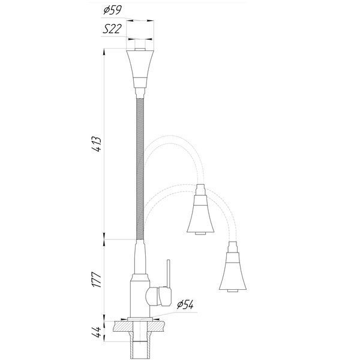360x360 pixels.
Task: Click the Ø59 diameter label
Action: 112,10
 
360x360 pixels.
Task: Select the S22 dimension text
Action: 112,29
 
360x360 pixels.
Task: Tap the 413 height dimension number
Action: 97,144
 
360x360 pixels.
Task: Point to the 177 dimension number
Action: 97,280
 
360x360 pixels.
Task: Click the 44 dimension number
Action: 97,332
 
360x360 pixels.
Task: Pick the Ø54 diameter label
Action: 185,305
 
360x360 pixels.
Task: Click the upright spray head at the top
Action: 140,69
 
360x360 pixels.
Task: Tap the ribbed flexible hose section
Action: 140,169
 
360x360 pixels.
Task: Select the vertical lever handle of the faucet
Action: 169,274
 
